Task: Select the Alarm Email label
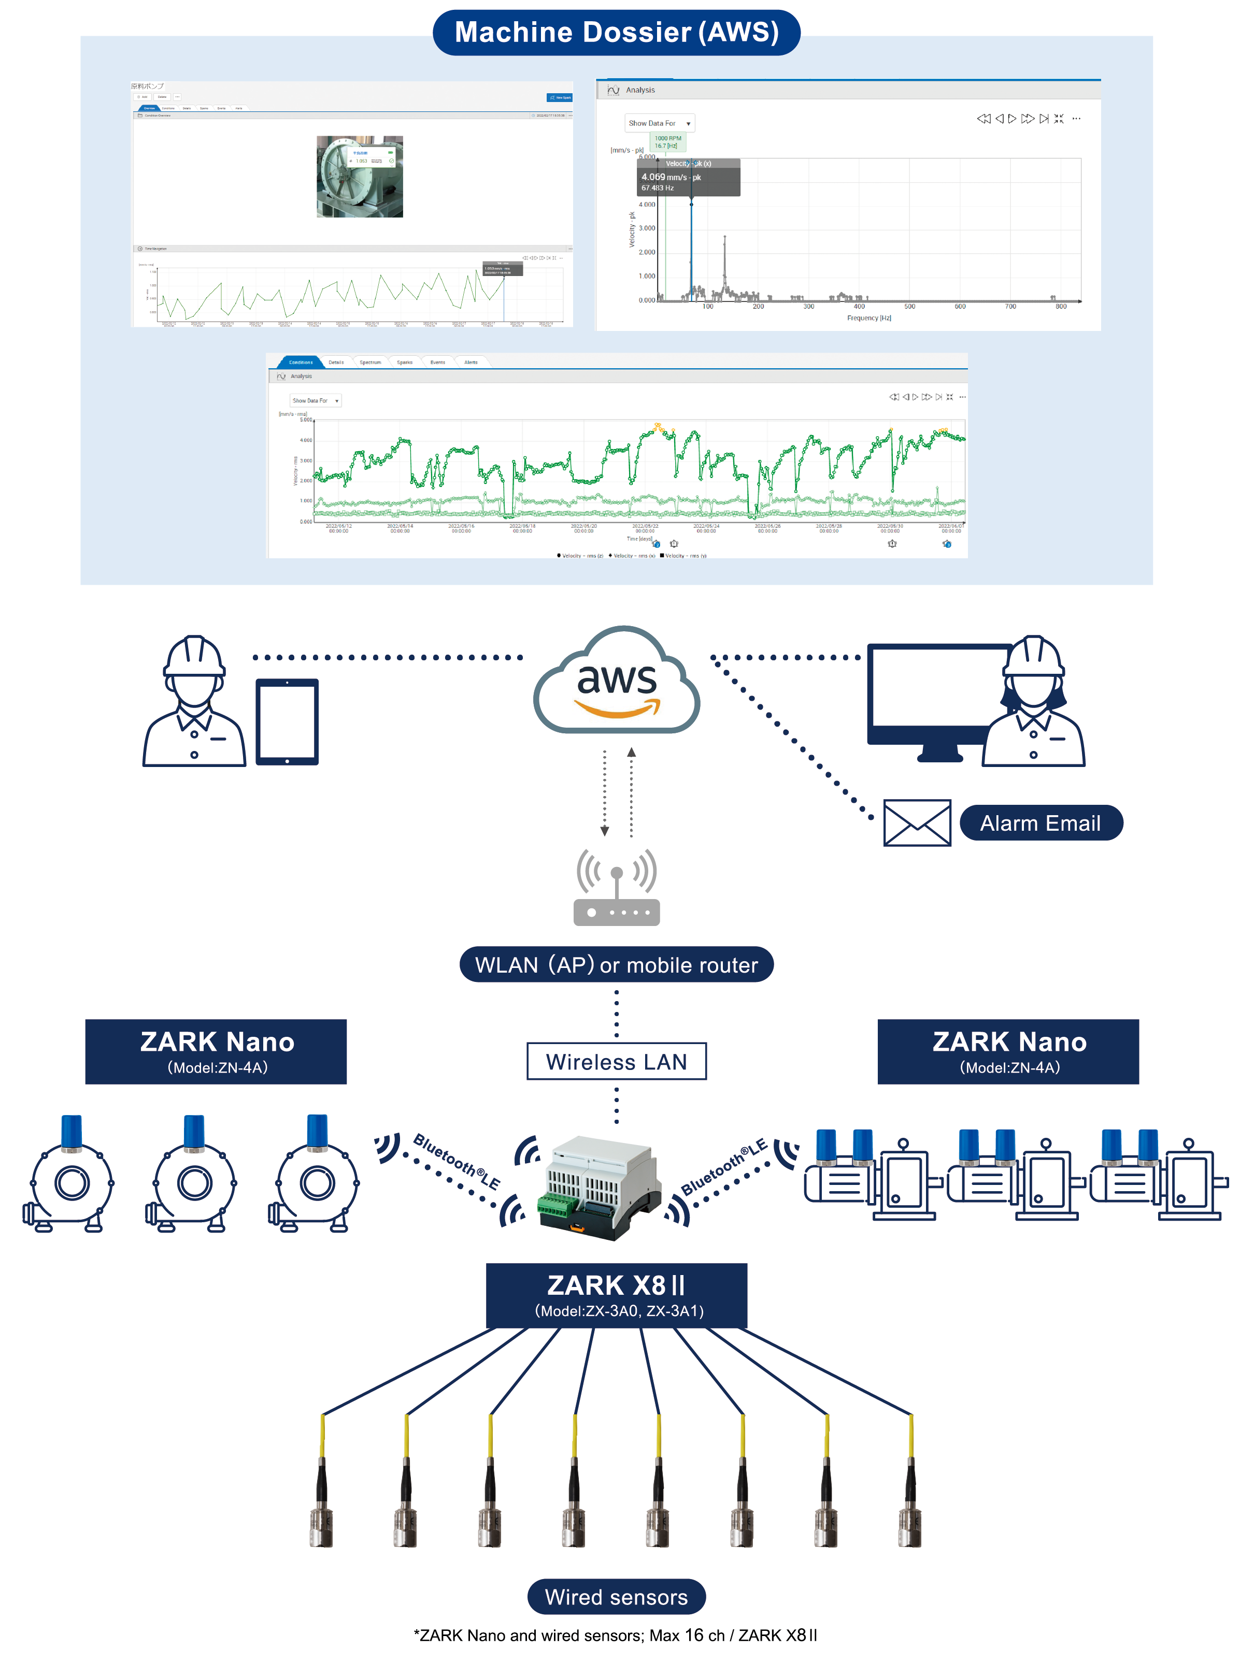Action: pyautogui.click(x=1041, y=823)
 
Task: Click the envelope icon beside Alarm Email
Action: pyautogui.click(x=917, y=823)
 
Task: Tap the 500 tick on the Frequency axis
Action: pyautogui.click(x=910, y=307)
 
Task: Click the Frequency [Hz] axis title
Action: pyautogui.click(x=868, y=318)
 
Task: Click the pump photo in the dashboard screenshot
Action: pyautogui.click(x=360, y=177)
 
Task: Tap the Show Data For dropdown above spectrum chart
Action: pyautogui.click(x=659, y=123)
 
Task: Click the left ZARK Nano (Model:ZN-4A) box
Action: pyautogui.click(x=216, y=1051)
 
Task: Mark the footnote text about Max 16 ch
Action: pyautogui.click(x=616, y=1636)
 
